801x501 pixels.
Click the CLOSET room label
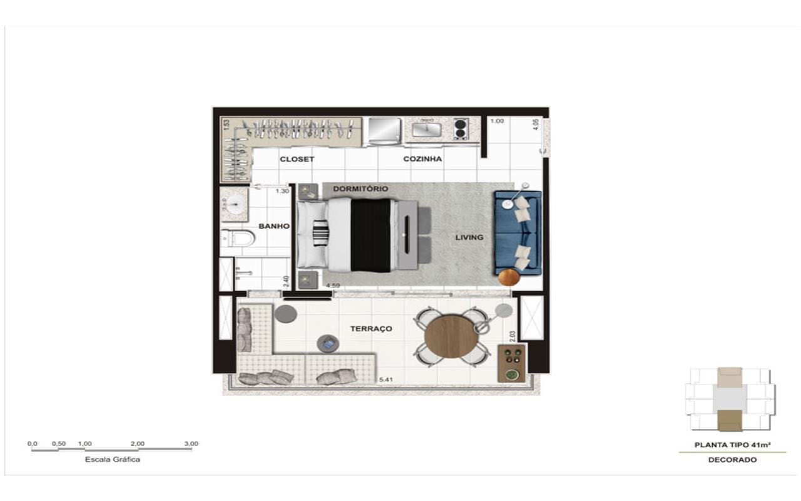pyautogui.click(x=297, y=159)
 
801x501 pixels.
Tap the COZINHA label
pyautogui.click(x=422, y=159)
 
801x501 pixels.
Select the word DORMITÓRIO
pyautogui.click(x=360, y=189)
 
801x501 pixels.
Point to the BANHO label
pyautogui.click(x=274, y=226)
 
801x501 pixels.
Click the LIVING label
pyautogui.click(x=469, y=237)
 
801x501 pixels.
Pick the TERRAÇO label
pyautogui.click(x=371, y=329)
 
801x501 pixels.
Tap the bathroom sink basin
pyautogui.click(x=235, y=205)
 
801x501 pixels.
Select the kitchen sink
pyautogui.click(x=427, y=129)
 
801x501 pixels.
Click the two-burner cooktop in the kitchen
pyautogui.click(x=461, y=129)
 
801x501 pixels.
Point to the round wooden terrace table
pyautogui.click(x=451, y=336)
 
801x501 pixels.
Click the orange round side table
pyautogui.click(x=509, y=277)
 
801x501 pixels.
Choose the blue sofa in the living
pyautogui.click(x=518, y=233)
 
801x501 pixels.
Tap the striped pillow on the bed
pyautogui.click(x=320, y=233)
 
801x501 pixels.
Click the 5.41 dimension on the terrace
pyautogui.click(x=386, y=380)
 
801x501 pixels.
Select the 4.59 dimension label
pyautogui.click(x=333, y=286)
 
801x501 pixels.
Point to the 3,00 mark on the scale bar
pyautogui.click(x=191, y=444)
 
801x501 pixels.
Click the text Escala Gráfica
pyautogui.click(x=112, y=460)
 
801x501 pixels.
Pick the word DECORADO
pyautogui.click(x=732, y=460)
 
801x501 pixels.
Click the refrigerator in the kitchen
pyautogui.click(x=384, y=132)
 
